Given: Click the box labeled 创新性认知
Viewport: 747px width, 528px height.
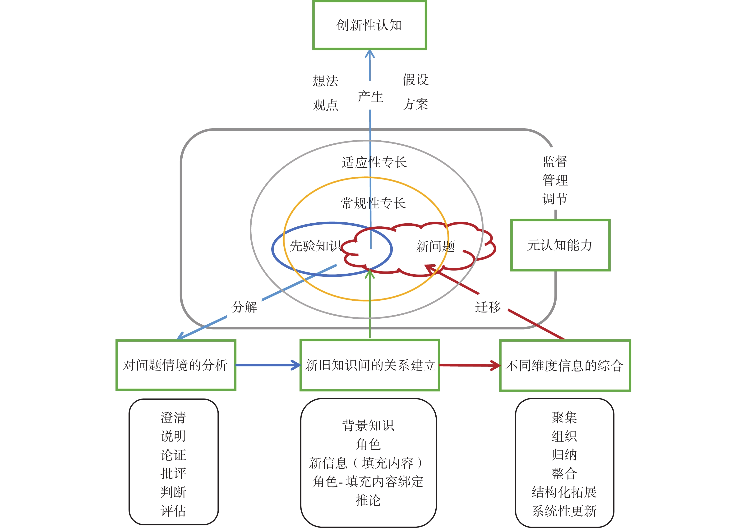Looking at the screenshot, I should pos(369,25).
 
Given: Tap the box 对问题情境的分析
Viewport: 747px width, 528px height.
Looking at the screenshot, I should pos(176,365).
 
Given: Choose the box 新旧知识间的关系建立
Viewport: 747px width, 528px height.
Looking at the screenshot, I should pos(370,365).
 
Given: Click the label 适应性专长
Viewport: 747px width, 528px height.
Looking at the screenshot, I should pos(374,162).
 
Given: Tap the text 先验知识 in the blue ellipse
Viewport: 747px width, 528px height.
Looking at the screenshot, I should pos(315,246).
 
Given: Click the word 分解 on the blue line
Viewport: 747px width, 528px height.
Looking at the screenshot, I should pos(244,307).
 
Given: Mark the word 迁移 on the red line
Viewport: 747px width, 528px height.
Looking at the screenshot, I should pos(488,307).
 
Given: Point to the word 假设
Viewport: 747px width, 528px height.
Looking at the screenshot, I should pos(415,80).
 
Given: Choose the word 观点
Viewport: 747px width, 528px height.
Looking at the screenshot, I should pos(325,105).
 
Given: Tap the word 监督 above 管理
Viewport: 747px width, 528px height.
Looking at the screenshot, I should pos(555,162).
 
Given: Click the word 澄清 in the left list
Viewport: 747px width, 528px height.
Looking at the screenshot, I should pos(173,417).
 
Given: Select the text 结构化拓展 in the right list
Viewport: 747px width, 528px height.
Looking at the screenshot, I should pos(564,492).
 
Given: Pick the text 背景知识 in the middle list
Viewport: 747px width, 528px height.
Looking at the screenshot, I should pos(368,425).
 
